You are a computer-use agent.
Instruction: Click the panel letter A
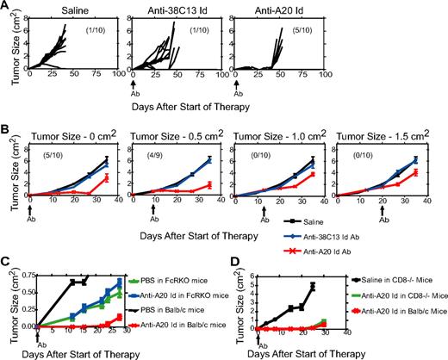[x=6, y=6]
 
